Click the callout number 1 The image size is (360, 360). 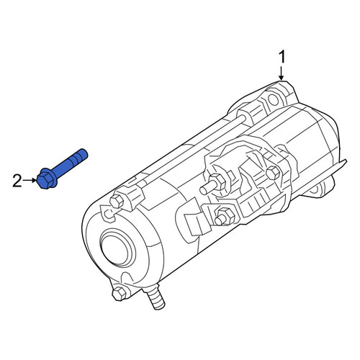282,57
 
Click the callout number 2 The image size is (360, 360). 17,181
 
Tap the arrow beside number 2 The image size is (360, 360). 30,180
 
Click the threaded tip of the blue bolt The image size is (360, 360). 84,153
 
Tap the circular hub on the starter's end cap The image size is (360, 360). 117,248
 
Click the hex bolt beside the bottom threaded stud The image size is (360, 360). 119,293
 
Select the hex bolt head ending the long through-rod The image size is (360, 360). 117,202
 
